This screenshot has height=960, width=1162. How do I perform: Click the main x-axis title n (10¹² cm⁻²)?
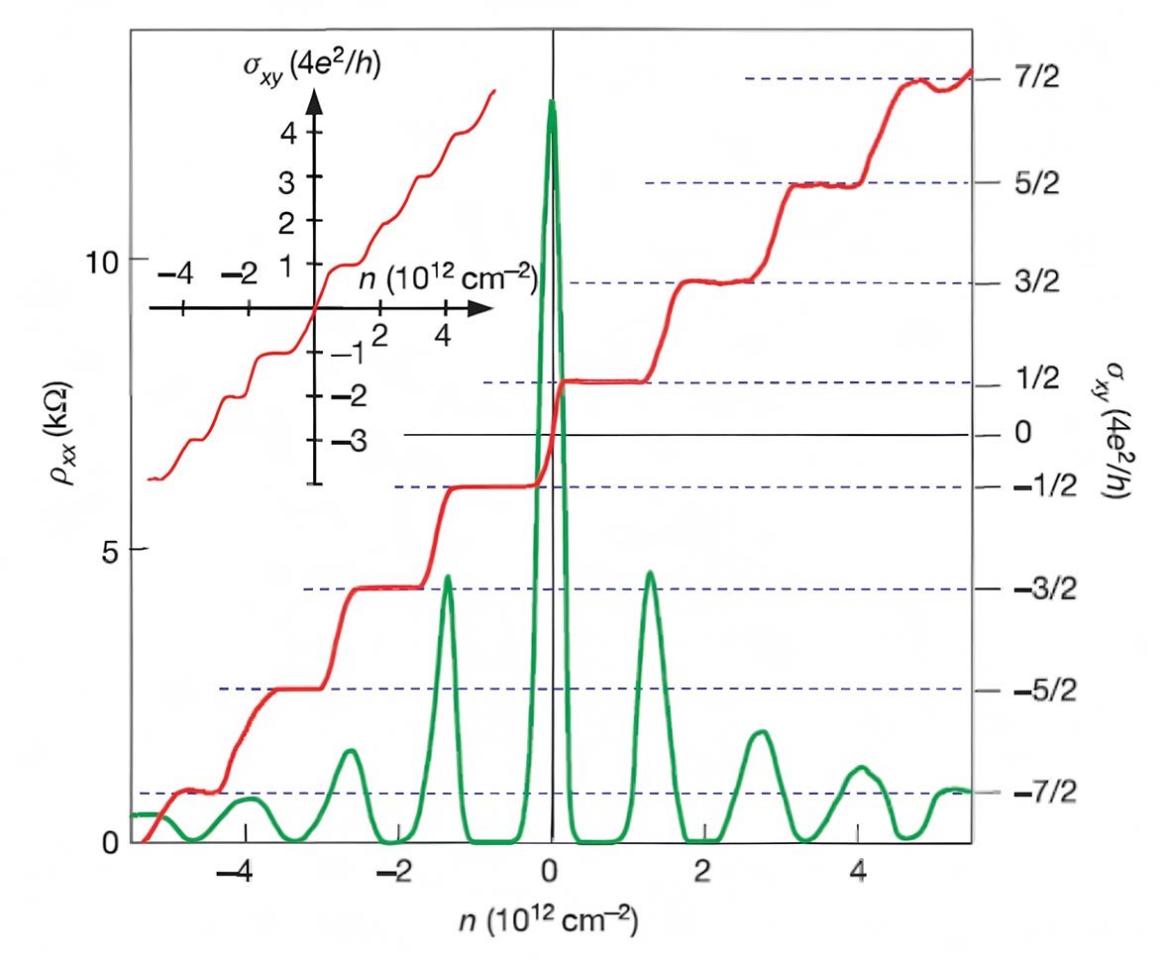pos(550,922)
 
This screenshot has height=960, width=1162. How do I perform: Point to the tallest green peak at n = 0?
pos(551,103)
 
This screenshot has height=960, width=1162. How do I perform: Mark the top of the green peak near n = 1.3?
pos(650,574)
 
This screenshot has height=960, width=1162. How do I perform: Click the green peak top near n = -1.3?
pos(449,577)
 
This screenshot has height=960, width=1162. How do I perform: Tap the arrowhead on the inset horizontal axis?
pos(482,308)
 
